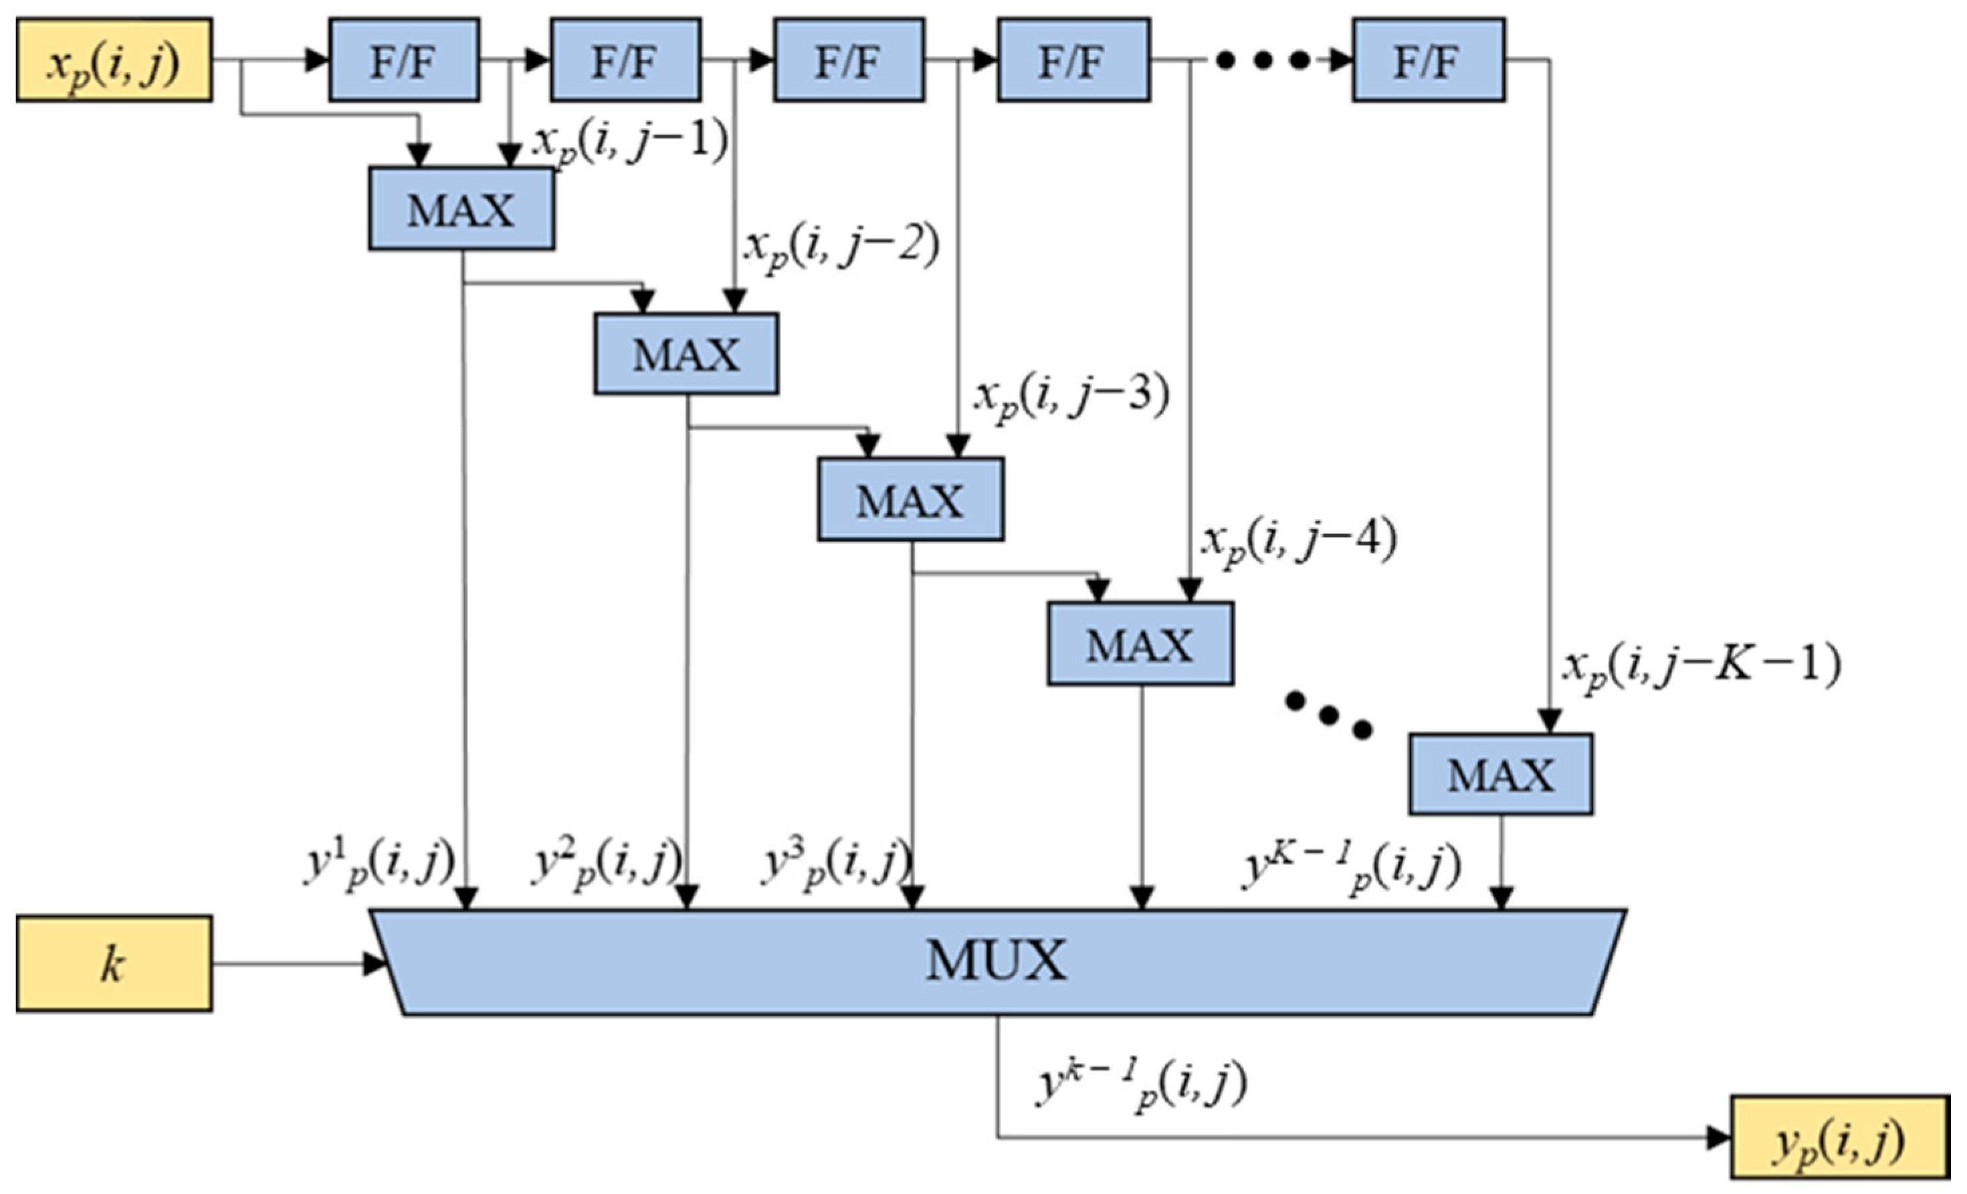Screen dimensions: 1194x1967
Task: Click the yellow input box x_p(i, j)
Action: pyautogui.click(x=114, y=61)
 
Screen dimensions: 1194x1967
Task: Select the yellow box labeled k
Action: pyautogui.click(x=114, y=964)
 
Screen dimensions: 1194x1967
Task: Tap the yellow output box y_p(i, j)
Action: pyautogui.click(x=1839, y=1137)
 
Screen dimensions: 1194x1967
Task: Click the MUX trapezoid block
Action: pyautogui.click(x=997, y=962)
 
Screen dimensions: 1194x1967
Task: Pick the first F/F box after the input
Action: pyautogui.click(x=404, y=61)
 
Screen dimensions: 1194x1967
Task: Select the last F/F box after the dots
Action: pyautogui.click(x=1428, y=61)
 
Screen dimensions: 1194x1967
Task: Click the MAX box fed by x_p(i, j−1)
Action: pyautogui.click(x=461, y=209)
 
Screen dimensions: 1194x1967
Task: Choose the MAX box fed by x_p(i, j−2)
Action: pyautogui.click(x=686, y=354)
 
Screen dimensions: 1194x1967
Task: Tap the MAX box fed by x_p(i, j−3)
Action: pyautogui.click(x=910, y=499)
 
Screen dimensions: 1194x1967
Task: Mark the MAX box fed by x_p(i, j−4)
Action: pyautogui.click(x=1140, y=644)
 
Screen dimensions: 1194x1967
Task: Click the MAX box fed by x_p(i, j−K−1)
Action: pyautogui.click(x=1500, y=775)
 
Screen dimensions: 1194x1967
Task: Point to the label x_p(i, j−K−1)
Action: pyautogui.click(x=1700, y=667)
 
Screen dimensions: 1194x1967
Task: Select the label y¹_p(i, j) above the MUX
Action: pyautogui.click(x=379, y=864)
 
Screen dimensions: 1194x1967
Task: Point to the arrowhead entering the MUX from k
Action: pyautogui.click(x=375, y=964)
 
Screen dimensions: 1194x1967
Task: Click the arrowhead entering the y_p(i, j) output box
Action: pyautogui.click(x=1718, y=1137)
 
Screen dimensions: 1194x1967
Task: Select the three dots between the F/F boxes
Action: pyautogui.click(x=1261, y=60)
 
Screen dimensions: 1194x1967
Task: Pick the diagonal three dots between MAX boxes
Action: pyautogui.click(x=1328, y=715)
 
